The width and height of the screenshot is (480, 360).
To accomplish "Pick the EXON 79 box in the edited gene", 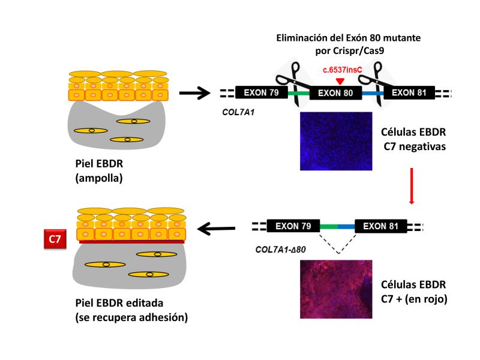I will click(293, 227).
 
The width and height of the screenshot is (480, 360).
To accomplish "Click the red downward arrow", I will click(412, 185).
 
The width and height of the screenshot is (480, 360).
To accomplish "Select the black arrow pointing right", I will click(196, 93).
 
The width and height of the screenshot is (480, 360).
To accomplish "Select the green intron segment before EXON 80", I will click(298, 93).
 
